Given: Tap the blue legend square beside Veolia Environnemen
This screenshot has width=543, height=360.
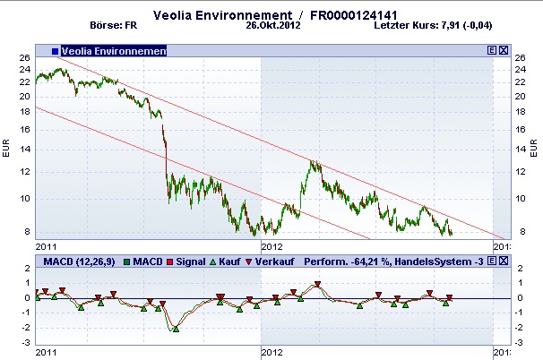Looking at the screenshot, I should click(55, 51).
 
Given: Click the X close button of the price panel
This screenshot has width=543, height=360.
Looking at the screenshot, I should click(503, 51).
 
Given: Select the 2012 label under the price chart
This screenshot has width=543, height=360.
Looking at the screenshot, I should click(271, 244).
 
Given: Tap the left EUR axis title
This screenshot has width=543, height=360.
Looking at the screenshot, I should click(7, 147).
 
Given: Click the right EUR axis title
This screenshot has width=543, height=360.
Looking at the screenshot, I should click(535, 147).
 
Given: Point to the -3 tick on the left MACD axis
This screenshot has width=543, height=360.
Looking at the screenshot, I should click(27, 342).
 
